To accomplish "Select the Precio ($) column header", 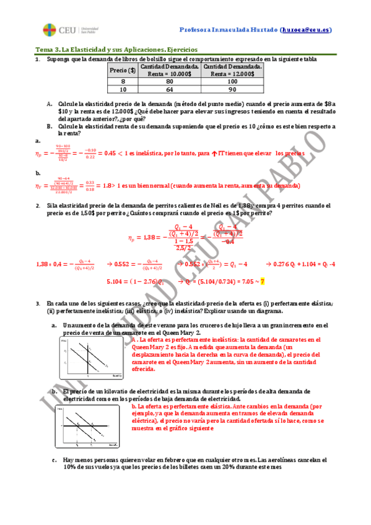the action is click(123, 70).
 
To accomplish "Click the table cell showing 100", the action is click(232, 81).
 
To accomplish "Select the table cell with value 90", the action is click(232, 89).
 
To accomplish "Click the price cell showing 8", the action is click(123, 81).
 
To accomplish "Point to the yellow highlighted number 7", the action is click(263, 281).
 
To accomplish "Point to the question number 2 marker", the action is click(38, 205).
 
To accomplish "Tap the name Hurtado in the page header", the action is click(262, 29).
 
